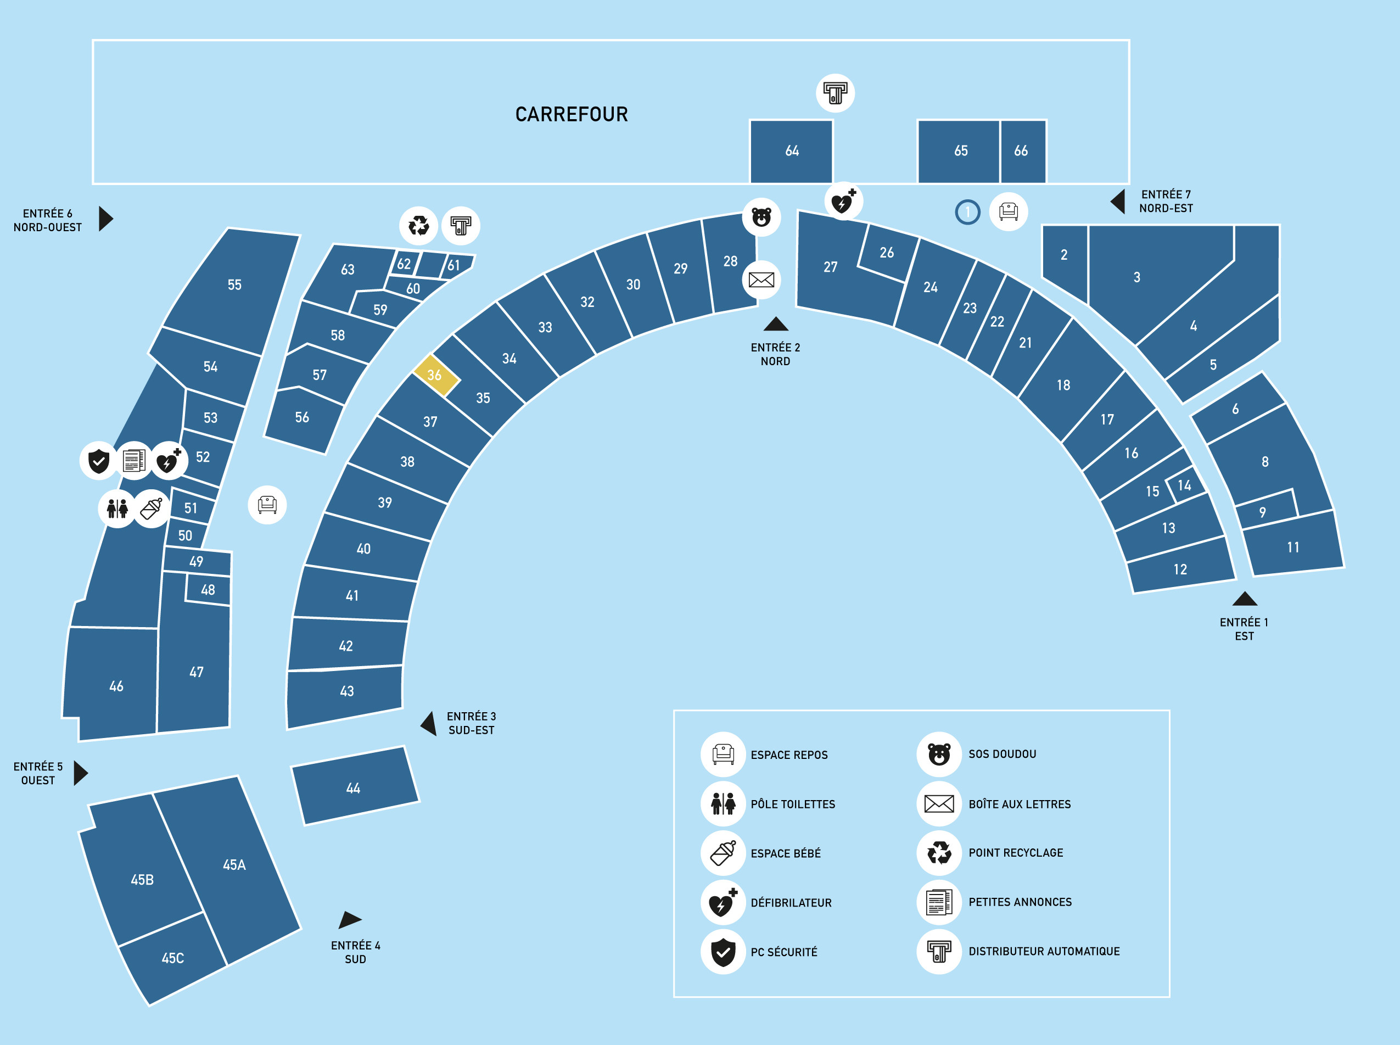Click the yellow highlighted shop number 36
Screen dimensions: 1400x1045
pyautogui.click(x=436, y=375)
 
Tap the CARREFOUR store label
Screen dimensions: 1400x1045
pyautogui.click(x=572, y=115)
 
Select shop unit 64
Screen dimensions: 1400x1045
pyautogui.click(x=791, y=151)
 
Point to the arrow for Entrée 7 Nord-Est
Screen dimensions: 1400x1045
pyautogui.click(x=1117, y=201)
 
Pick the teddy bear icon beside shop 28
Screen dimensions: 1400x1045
pyautogui.click(x=761, y=217)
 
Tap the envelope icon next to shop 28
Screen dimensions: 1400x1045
pyautogui.click(x=761, y=280)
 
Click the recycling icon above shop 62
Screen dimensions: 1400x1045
pyautogui.click(x=418, y=225)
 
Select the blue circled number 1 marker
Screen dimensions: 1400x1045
pyautogui.click(x=967, y=212)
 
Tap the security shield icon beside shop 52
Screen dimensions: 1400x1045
pyautogui.click(x=99, y=461)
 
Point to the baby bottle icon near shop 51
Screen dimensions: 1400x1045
pyautogui.click(x=152, y=508)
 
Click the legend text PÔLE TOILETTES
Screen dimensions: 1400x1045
pyautogui.click(x=793, y=804)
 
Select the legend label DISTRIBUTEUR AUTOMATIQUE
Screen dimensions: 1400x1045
pyautogui.click(x=1044, y=952)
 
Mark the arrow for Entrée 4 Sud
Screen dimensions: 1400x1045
pyautogui.click(x=349, y=919)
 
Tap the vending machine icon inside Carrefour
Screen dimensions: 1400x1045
pyautogui.click(x=835, y=93)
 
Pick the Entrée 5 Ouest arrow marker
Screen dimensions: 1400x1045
pyautogui.click(x=80, y=773)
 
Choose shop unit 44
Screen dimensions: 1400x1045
pyautogui.click(x=354, y=787)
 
